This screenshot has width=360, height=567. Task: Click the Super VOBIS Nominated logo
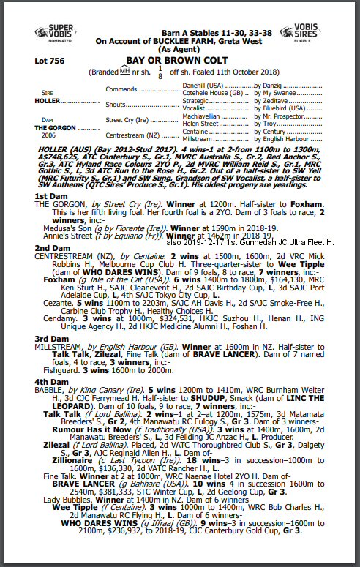(x=54, y=34)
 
